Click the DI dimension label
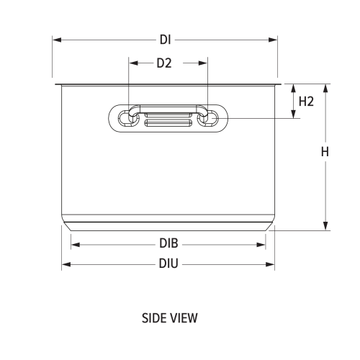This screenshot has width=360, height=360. pyautogui.click(x=166, y=40)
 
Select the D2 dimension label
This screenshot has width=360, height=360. pyautogui.click(x=164, y=63)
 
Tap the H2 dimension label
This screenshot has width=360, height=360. pyautogui.click(x=306, y=102)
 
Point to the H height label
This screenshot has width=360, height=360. pyautogui.click(x=325, y=152)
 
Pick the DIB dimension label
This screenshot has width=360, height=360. pyautogui.click(x=168, y=244)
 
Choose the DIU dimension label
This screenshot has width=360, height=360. pyautogui.click(x=168, y=264)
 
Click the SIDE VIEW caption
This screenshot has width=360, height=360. pyautogui.click(x=170, y=317)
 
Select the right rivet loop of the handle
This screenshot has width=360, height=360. pyautogui.click(x=207, y=117)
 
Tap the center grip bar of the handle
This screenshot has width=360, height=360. pyautogui.click(x=168, y=117)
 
